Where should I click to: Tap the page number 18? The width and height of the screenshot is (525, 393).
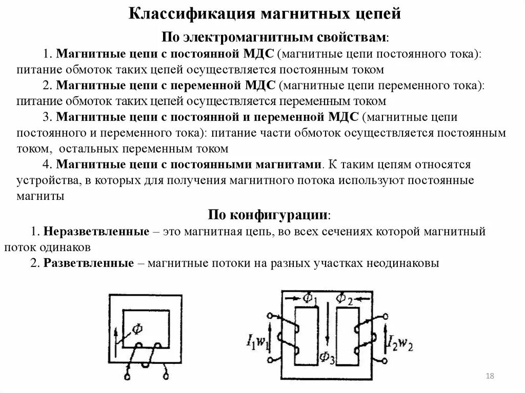pos(489,377)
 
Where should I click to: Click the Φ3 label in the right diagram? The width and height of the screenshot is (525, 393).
pos(326,357)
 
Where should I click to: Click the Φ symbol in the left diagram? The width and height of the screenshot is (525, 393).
pos(138,327)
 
